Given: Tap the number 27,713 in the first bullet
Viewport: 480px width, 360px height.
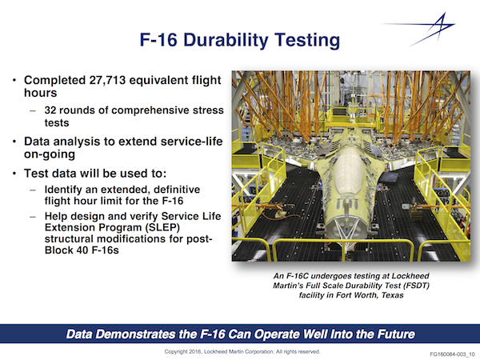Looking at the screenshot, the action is coord(107,80).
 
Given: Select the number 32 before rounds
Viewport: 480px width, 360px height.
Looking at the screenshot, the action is coord(50,110).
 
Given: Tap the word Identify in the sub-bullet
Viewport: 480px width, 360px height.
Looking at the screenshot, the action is coord(63,190).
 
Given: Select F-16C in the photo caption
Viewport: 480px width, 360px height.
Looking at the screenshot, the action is coord(296,276).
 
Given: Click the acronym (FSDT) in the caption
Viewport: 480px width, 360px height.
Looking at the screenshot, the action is coord(416,286).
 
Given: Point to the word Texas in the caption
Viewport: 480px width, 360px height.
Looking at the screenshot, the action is coord(392,295).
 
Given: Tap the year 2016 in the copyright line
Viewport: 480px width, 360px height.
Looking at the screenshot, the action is coord(195,352).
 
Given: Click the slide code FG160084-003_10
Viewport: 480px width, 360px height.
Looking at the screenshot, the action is coord(452,354).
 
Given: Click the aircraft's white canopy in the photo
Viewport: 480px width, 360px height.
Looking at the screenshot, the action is coord(348,171).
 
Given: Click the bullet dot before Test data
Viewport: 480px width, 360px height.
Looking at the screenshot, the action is coord(14,174).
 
